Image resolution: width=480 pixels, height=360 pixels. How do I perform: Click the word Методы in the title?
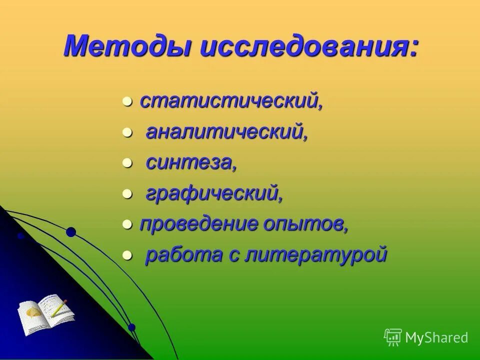[128, 46]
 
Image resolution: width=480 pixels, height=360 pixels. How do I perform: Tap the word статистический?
[230, 101]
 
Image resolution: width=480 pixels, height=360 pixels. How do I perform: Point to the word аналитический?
[226, 132]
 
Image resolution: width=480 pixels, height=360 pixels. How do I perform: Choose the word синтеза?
[190, 163]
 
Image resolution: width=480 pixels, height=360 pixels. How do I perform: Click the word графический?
[214, 194]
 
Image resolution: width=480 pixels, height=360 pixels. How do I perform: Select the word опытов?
[306, 224]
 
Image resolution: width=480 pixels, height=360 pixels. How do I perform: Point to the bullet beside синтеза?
[127, 164]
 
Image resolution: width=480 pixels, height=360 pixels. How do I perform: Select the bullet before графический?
[127, 194]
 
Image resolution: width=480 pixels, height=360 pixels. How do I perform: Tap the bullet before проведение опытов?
[127, 225]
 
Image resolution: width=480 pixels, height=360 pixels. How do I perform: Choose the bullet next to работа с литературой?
[127, 256]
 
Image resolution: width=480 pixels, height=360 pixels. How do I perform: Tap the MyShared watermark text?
[436, 337]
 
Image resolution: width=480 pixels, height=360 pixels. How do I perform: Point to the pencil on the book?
[58, 307]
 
